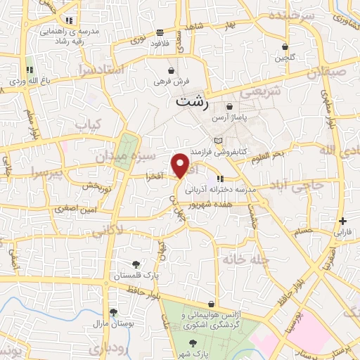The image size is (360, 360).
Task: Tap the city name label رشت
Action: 191,101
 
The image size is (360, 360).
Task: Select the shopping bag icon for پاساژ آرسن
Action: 229,106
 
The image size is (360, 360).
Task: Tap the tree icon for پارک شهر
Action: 192,342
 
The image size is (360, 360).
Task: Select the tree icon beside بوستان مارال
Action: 113,312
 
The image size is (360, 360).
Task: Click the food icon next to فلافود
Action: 160,32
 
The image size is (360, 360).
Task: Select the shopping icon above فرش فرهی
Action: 171,70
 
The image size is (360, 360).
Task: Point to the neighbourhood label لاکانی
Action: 108,229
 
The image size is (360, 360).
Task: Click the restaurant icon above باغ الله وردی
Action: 30,70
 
